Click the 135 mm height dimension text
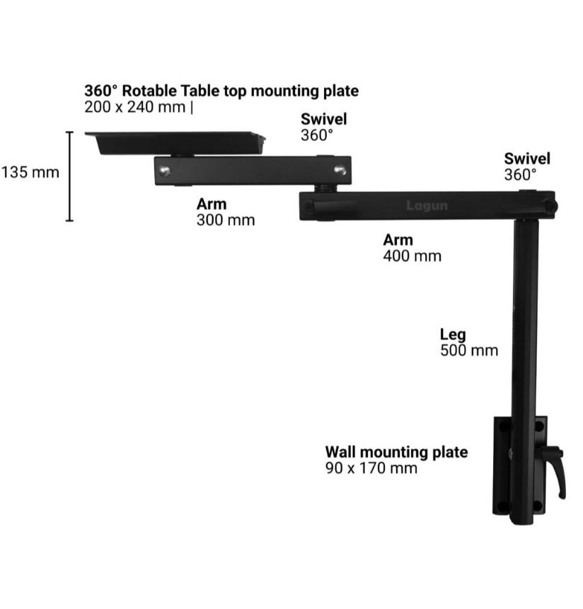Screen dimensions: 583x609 pyautogui.click(x=30, y=173)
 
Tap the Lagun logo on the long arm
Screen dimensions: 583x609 pyautogui.click(x=427, y=205)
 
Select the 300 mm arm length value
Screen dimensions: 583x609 pyautogui.click(x=226, y=220)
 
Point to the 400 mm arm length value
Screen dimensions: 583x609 pyautogui.click(x=412, y=256)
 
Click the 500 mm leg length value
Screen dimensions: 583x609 pyautogui.click(x=469, y=351)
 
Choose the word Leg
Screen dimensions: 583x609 pyautogui.click(x=453, y=334)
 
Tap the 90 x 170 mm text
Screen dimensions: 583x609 pyautogui.click(x=371, y=468)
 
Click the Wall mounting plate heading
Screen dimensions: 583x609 pyautogui.click(x=397, y=452)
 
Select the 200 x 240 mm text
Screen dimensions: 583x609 pyautogui.click(x=134, y=107)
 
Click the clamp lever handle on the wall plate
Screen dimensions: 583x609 pyautogui.click(x=553, y=471)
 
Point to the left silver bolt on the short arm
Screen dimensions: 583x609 pyautogui.click(x=165, y=171)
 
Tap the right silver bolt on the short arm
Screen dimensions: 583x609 pyautogui.click(x=340, y=171)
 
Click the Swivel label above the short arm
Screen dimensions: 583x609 pyautogui.click(x=324, y=119)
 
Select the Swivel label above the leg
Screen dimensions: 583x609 pyautogui.click(x=527, y=159)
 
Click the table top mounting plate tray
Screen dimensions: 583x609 pyautogui.click(x=175, y=143)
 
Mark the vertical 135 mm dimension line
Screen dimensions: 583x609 pyautogui.click(x=70, y=176)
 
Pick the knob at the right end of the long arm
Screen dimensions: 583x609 pyautogui.click(x=552, y=206)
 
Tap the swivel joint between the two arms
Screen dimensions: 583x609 pyautogui.click(x=325, y=188)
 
